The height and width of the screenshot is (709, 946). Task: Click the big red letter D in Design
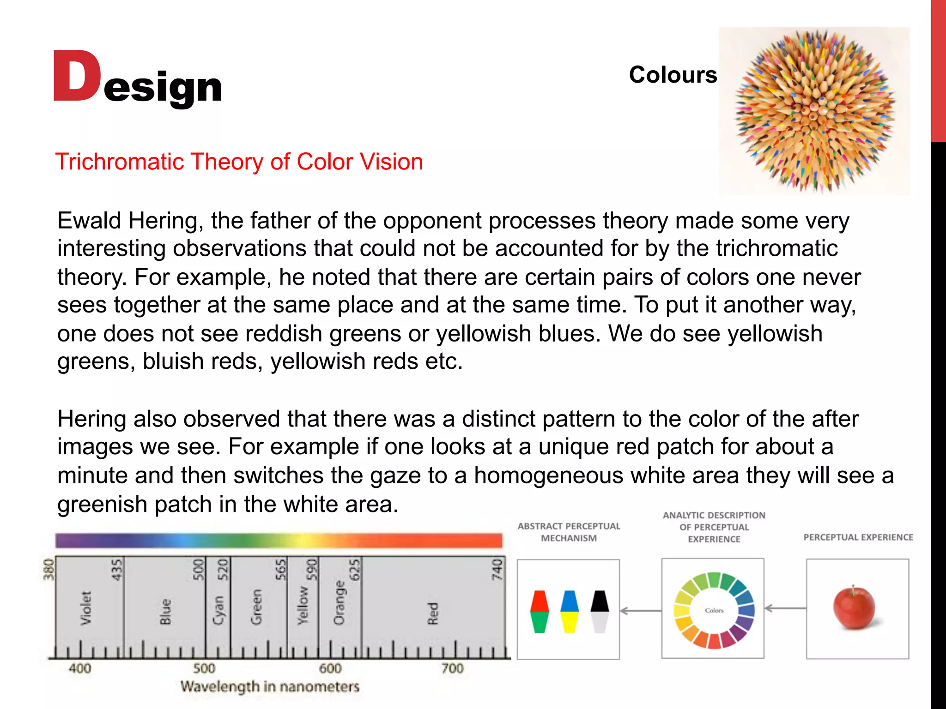[x=76, y=77]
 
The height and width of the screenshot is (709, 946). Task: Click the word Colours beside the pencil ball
[x=673, y=75]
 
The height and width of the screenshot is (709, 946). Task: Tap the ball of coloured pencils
[x=814, y=111]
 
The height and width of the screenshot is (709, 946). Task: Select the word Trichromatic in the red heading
[x=120, y=162]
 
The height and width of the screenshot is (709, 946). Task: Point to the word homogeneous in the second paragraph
[x=548, y=475]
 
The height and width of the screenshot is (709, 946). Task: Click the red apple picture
[x=854, y=607]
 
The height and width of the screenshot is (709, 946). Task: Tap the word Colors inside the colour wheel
[x=714, y=610]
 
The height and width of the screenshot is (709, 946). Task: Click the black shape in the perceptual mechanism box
[x=600, y=601]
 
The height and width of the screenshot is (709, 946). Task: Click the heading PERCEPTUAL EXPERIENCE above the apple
[x=858, y=537]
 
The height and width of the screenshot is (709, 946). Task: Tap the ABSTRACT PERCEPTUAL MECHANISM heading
[x=569, y=532]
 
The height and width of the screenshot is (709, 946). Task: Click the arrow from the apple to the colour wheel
[x=785, y=608]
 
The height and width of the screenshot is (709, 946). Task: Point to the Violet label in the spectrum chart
[x=86, y=608]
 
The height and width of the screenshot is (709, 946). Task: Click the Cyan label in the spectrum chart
[x=218, y=610]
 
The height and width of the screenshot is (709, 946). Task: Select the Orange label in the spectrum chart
[x=340, y=603]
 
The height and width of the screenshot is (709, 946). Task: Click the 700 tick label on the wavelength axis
[x=452, y=668]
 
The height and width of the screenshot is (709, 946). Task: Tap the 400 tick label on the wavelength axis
[x=80, y=668]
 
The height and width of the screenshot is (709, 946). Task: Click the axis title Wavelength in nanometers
[x=270, y=687]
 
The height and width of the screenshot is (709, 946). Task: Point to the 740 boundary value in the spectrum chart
[x=497, y=569]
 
